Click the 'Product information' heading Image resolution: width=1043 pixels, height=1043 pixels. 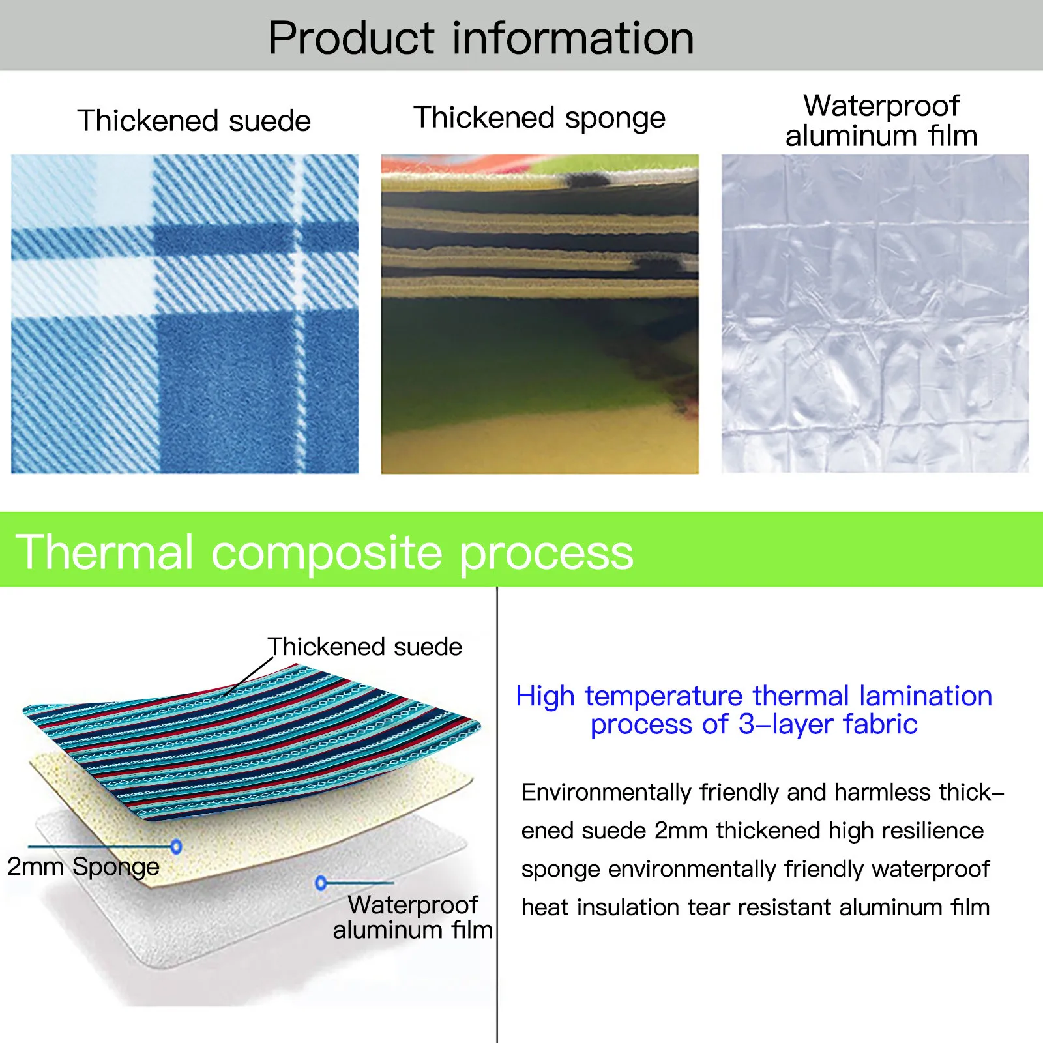[481, 38]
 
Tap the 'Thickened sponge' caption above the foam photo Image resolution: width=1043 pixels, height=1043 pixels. [539, 118]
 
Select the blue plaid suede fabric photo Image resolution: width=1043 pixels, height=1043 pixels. [184, 314]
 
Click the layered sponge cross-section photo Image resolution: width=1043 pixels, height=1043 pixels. [539, 314]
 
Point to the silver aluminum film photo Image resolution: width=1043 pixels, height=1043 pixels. [875, 314]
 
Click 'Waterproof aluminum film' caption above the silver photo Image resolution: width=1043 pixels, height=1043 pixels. [881, 121]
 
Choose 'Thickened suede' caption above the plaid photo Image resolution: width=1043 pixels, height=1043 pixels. [194, 121]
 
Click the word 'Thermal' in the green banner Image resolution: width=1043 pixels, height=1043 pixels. [104, 552]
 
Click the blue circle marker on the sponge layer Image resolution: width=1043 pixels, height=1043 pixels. [176, 846]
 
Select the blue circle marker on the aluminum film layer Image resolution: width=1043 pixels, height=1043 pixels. [320, 883]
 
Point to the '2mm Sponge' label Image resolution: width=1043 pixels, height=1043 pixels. [83, 866]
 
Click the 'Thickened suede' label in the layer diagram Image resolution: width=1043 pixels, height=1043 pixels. [364, 647]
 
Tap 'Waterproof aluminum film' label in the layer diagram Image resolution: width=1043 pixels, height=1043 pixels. [413, 917]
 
